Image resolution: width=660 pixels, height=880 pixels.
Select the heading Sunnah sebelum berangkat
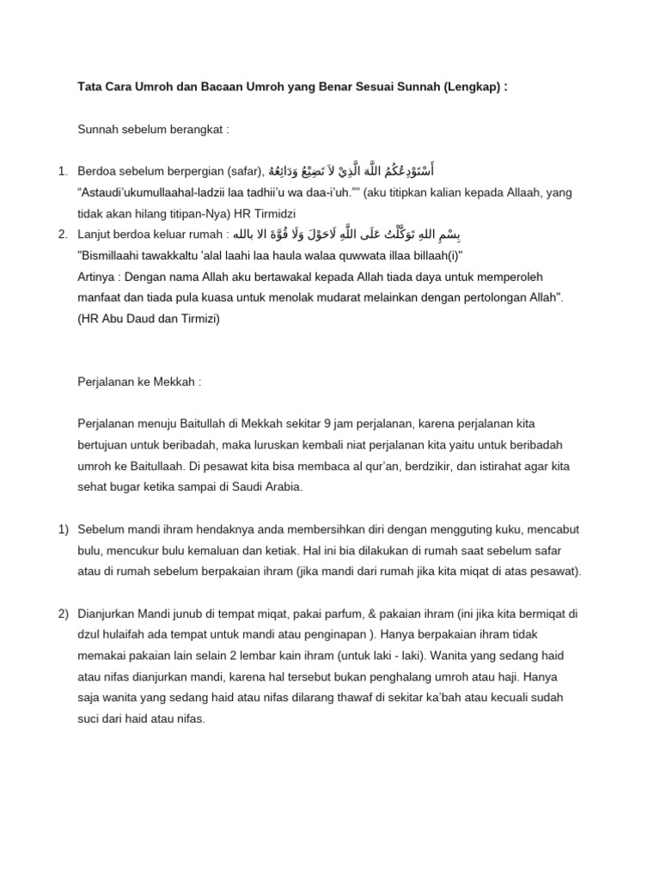153,130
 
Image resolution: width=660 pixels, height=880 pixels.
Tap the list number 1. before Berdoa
64,171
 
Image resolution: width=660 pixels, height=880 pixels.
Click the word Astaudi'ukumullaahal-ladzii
150,192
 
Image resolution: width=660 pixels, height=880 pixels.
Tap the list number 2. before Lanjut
64,235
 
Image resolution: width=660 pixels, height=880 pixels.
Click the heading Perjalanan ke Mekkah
139,382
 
